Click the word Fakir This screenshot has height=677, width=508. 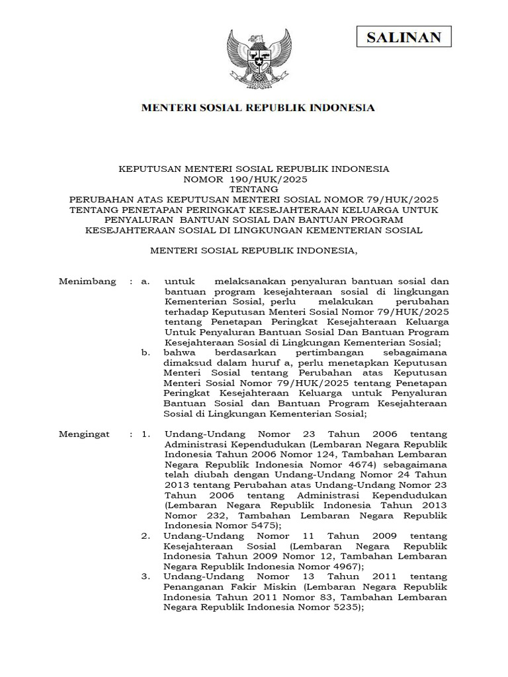click(x=242, y=587)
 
